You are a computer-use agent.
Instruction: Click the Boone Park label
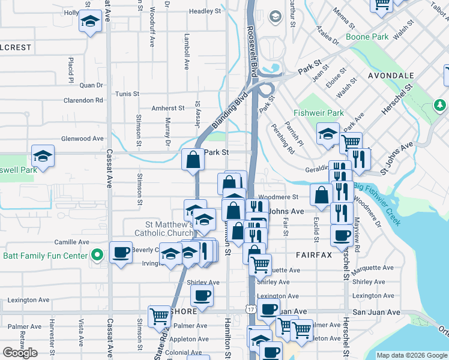[x=367, y=37]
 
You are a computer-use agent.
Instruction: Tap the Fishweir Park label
[x=319, y=113]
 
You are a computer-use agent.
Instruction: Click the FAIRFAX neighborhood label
[x=314, y=255]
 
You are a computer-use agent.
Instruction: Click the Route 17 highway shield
[x=250, y=308]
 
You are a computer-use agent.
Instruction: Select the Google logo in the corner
[x=20, y=353]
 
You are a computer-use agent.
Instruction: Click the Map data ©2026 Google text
[x=412, y=355]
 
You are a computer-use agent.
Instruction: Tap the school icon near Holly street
[x=90, y=22]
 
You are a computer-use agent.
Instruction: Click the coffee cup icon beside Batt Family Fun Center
[x=121, y=252]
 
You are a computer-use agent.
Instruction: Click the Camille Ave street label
[x=71, y=242]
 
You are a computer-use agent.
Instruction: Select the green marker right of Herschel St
[x=441, y=106]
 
